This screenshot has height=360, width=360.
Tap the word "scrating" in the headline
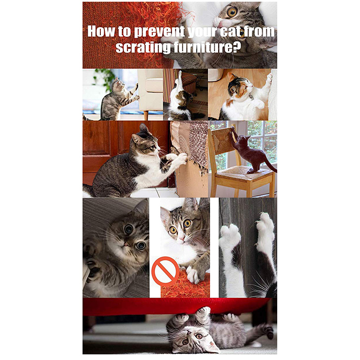(x=143, y=47)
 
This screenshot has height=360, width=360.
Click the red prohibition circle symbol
(x=165, y=271)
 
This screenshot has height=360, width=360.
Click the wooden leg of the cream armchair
(x=146, y=115)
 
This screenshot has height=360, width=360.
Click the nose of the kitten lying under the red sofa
(x=189, y=333)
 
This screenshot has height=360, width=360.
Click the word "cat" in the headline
(x=229, y=31)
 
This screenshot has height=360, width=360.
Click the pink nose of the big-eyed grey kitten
(x=126, y=244)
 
